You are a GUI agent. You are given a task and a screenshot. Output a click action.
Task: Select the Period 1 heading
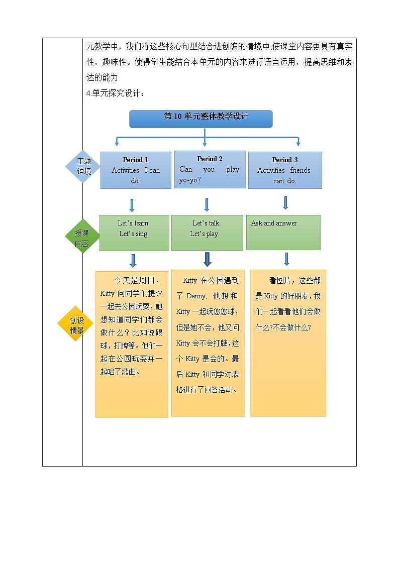click(136, 160)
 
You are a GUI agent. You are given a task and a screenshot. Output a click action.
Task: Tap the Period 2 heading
click(210, 159)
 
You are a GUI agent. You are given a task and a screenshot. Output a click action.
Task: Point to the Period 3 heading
click(285, 160)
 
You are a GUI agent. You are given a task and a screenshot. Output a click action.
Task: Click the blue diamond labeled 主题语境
click(84, 166)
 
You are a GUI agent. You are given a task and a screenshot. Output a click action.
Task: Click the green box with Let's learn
click(134, 233)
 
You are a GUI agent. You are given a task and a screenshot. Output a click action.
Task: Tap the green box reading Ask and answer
click(283, 232)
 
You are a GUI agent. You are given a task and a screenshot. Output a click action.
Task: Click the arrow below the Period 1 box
click(132, 205)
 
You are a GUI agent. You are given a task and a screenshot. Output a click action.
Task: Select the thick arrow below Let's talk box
click(207, 259)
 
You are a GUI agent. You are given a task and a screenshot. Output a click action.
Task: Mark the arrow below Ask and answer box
click(286, 259)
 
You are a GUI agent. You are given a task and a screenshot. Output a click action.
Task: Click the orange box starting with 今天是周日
click(132, 344)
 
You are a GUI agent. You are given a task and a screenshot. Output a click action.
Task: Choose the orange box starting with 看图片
click(288, 343)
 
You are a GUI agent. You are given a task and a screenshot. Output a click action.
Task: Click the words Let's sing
click(134, 234)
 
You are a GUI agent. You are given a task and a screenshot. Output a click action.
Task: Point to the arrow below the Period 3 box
click(285, 202)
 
